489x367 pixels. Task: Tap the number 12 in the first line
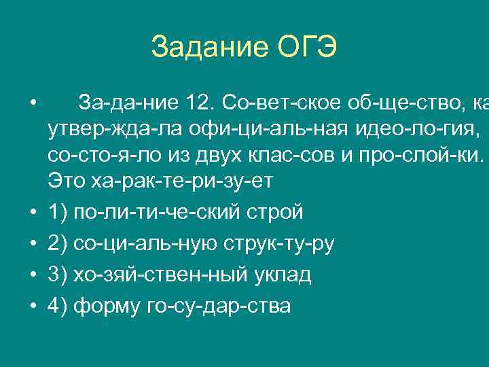pyautogui.click(x=199, y=103)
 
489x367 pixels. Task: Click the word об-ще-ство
pyautogui.click(x=395, y=103)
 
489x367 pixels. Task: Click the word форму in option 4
pyautogui.click(x=107, y=306)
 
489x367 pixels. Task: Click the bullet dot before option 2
pyautogui.click(x=32, y=243)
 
